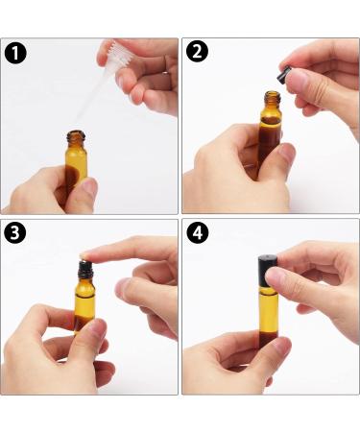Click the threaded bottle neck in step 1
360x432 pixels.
[76, 136]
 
